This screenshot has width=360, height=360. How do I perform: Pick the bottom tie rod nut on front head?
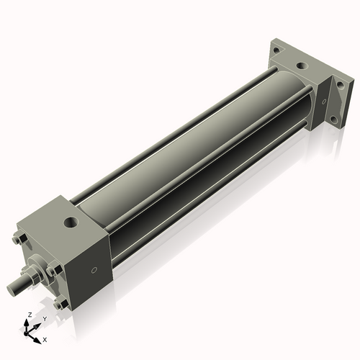(63, 303)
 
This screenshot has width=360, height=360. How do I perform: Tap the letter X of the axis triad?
(45, 338)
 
